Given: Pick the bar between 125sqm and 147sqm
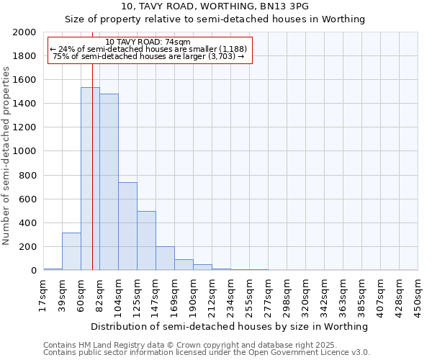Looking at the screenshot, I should click(x=146, y=240).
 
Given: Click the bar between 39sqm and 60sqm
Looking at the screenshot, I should click(x=71, y=251).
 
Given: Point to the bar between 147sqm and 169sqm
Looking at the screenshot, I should click(x=165, y=258).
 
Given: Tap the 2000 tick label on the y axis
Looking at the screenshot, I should click(x=25, y=32).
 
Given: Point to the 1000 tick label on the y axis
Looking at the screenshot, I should click(x=25, y=151).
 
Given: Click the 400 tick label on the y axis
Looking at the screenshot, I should click(x=28, y=222).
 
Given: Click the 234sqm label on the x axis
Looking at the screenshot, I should click(x=230, y=295).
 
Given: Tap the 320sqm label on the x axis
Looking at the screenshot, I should click(x=305, y=295).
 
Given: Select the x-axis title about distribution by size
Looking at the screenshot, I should click(x=230, y=326).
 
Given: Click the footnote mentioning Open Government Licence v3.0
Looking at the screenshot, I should click(x=207, y=353).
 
